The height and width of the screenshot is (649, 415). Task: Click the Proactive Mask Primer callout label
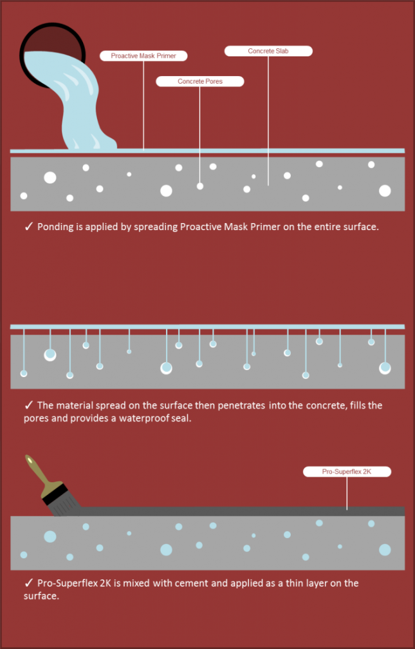144,56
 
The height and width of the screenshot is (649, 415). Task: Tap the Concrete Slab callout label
268,51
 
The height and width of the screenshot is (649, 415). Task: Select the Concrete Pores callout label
200,81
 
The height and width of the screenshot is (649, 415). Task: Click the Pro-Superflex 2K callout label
347,472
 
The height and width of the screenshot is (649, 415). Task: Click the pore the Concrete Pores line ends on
200,186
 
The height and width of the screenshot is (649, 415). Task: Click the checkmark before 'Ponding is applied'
29,226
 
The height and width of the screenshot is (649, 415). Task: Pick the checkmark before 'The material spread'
29,405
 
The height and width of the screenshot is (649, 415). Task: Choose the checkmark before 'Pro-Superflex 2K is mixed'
29,583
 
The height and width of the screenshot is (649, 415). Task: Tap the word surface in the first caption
359,227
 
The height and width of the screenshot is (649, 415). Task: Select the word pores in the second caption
36,418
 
